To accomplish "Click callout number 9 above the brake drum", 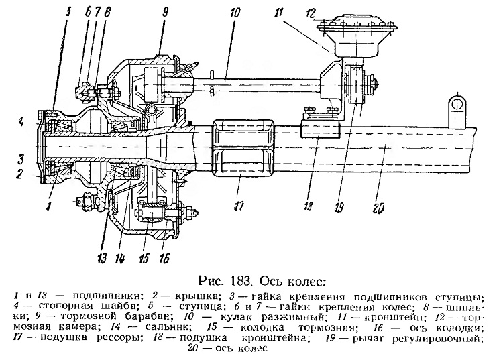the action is (166, 13).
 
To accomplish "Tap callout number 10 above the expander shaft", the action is (235, 13).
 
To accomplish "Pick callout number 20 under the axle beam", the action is (378, 208).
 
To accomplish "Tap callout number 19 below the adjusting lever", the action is (339, 208).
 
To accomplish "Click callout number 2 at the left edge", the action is (19, 174).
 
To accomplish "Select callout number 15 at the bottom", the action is (144, 257).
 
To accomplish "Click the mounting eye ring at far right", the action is (458, 104).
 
